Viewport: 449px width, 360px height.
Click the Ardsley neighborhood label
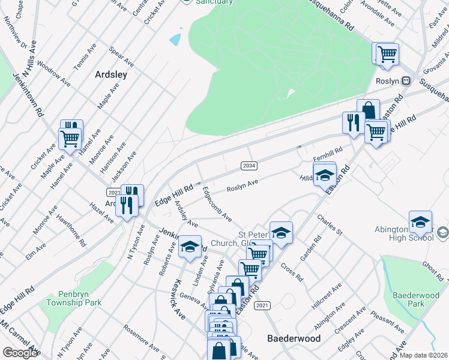111,74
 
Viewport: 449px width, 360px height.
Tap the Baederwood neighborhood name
294,338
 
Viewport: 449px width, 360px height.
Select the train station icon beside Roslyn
406,80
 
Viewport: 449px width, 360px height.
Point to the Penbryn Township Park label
73,299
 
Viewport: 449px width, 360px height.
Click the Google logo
20,353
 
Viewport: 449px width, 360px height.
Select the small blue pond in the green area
175,40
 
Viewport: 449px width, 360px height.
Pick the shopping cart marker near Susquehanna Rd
387,54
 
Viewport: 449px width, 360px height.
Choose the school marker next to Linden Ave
190,246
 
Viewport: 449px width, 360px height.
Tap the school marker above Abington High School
421,221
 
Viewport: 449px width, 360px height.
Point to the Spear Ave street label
121,59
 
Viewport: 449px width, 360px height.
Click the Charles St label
330,225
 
